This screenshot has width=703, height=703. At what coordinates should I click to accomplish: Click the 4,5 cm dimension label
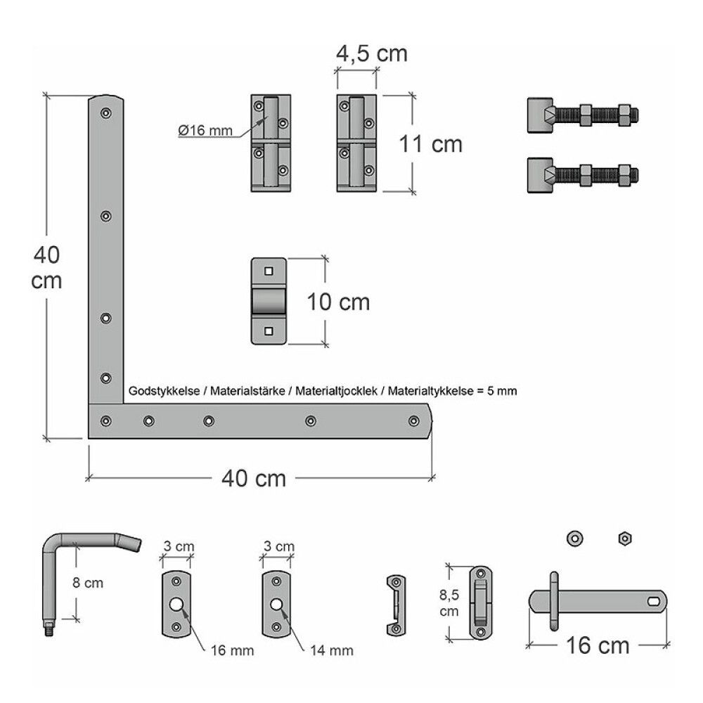point(372,53)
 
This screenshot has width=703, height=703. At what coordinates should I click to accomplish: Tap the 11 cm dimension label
point(430,144)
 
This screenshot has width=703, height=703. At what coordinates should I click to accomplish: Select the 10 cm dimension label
point(338,302)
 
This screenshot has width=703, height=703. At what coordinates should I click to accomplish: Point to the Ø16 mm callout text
point(205,131)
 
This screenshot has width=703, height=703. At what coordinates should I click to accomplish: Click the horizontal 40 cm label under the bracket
point(254,478)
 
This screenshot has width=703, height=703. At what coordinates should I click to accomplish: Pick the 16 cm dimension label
point(598,645)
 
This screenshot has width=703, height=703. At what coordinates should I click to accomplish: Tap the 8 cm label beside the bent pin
point(88,583)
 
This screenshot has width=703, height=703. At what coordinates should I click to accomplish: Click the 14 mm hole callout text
point(332,650)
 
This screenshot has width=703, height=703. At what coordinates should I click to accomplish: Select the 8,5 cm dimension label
point(449,603)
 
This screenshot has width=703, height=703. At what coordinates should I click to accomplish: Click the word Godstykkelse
point(164,391)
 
